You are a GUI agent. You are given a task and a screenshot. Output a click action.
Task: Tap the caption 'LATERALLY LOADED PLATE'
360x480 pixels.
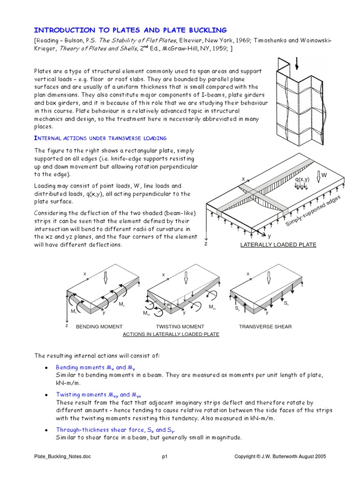(x=278, y=245)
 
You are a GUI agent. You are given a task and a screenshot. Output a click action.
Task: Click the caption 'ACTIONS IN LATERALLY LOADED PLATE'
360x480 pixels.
(x=171, y=334)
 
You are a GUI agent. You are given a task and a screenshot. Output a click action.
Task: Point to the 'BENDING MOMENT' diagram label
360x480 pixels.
(x=99, y=326)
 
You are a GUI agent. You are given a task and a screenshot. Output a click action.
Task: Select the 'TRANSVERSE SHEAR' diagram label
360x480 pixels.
(x=265, y=326)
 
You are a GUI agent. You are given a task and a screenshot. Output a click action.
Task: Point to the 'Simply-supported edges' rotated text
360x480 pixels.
(x=313, y=210)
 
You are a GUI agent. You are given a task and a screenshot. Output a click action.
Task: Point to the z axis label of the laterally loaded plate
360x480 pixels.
(x=205, y=244)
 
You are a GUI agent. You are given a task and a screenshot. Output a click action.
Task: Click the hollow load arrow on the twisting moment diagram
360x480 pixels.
(x=186, y=277)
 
